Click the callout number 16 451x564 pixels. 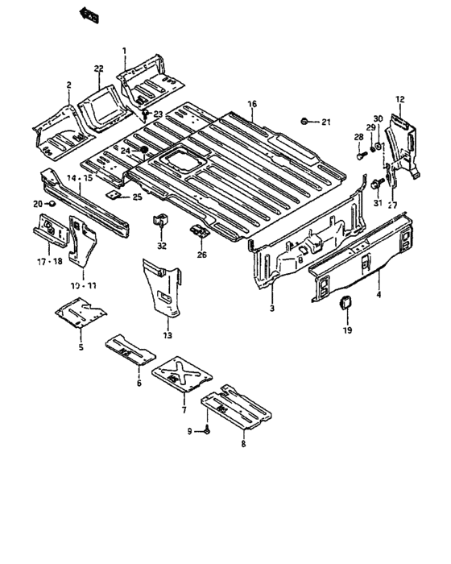(252, 104)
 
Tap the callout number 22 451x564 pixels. (98, 69)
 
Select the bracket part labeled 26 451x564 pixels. (199, 231)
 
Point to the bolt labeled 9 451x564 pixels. (208, 431)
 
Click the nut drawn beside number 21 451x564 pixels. (304, 121)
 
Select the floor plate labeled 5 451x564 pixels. (81, 313)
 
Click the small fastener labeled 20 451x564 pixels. (51, 204)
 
